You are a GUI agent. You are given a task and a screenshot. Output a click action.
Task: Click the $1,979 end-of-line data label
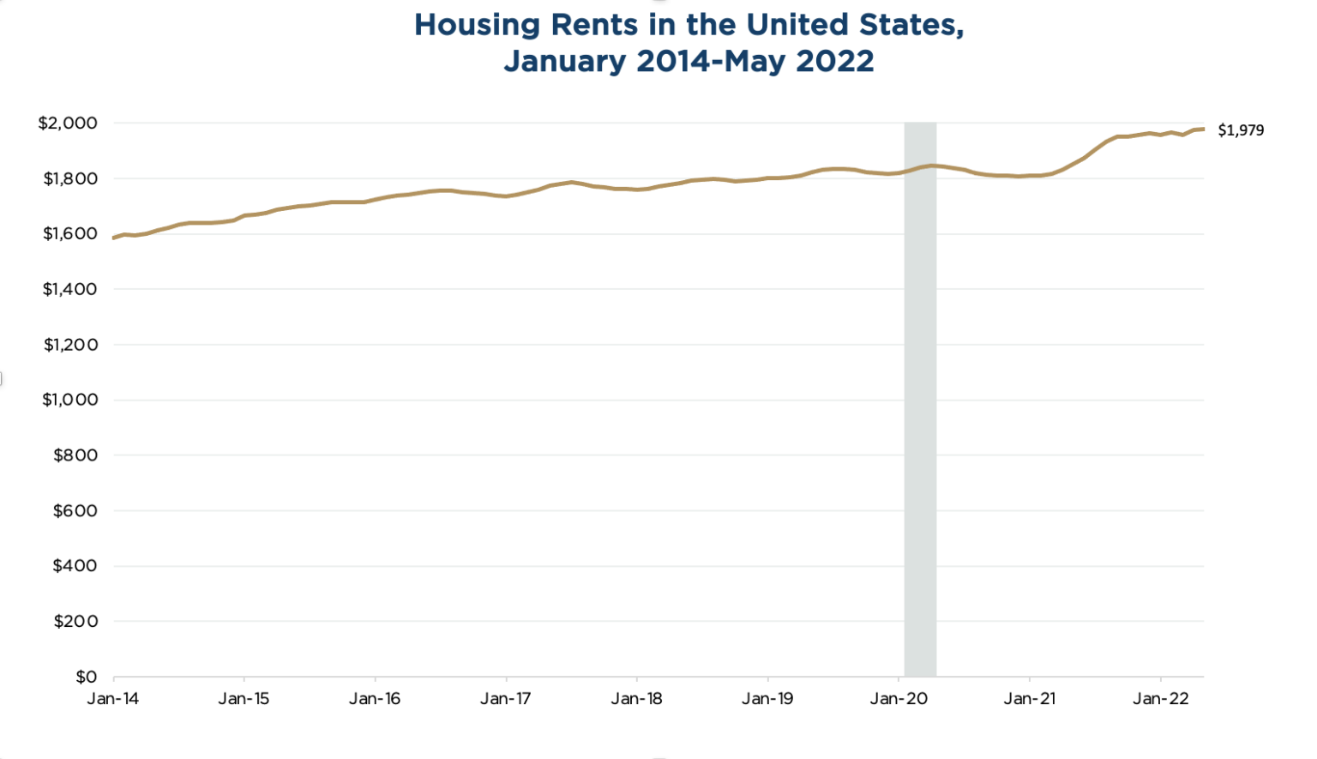point(1240,130)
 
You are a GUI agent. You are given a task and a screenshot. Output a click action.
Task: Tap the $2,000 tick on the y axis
point(68,123)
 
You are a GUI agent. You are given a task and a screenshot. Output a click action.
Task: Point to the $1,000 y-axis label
point(69,400)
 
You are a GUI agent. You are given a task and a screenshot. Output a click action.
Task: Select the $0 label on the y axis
point(86,677)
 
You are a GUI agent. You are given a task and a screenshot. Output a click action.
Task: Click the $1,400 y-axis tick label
point(69,289)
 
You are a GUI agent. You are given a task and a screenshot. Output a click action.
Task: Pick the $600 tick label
point(75,510)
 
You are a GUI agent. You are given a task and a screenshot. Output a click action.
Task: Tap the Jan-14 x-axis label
point(113,699)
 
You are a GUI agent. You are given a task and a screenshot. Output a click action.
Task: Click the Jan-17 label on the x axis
point(506,699)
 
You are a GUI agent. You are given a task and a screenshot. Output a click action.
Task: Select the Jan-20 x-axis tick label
point(899,699)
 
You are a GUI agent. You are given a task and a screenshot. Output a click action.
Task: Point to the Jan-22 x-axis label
point(1160,699)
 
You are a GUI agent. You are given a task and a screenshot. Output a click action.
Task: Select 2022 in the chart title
point(834,62)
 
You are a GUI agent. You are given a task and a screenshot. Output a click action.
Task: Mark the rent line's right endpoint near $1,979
point(1203,129)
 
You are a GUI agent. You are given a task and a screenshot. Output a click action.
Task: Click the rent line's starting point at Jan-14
point(114,238)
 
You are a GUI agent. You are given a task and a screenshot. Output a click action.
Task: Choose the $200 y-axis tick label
point(75,621)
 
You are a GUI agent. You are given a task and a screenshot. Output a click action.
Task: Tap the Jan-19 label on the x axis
point(767,699)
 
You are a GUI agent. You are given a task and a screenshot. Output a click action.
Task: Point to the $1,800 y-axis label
point(69,178)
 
